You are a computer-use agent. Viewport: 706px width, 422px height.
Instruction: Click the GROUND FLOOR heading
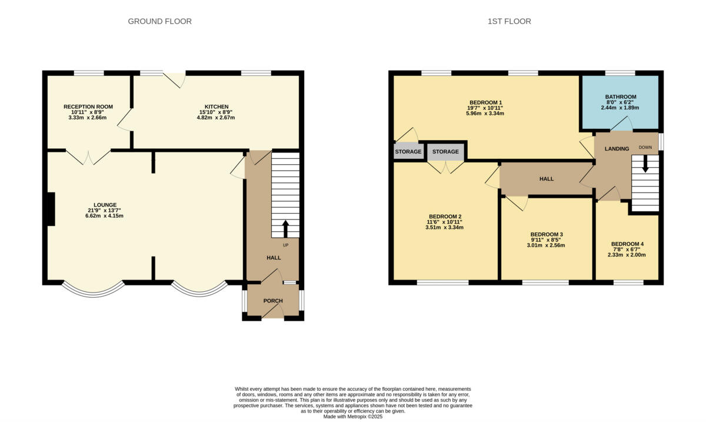tap(160, 22)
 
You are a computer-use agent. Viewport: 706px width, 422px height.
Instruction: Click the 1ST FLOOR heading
tap(509, 22)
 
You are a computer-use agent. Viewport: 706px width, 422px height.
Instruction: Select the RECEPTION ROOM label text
tap(88, 107)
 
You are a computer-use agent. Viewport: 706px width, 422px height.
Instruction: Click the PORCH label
tap(273, 301)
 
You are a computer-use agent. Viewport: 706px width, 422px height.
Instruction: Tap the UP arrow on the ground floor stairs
tap(286, 227)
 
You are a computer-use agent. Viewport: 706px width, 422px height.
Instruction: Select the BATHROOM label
tap(621, 97)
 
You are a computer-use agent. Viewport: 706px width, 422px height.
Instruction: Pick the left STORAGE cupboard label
tap(408, 152)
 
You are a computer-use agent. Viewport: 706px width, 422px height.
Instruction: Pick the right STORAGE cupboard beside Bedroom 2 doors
tap(445, 152)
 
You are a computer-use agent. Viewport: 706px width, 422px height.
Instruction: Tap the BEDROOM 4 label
tap(627, 244)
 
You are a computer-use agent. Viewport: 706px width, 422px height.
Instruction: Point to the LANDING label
tap(617, 149)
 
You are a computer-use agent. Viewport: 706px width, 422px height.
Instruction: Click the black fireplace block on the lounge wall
tap(51, 209)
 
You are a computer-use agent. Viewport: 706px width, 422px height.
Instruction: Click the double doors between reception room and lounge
tap(88, 157)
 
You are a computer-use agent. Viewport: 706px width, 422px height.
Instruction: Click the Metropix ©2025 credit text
tap(353, 416)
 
